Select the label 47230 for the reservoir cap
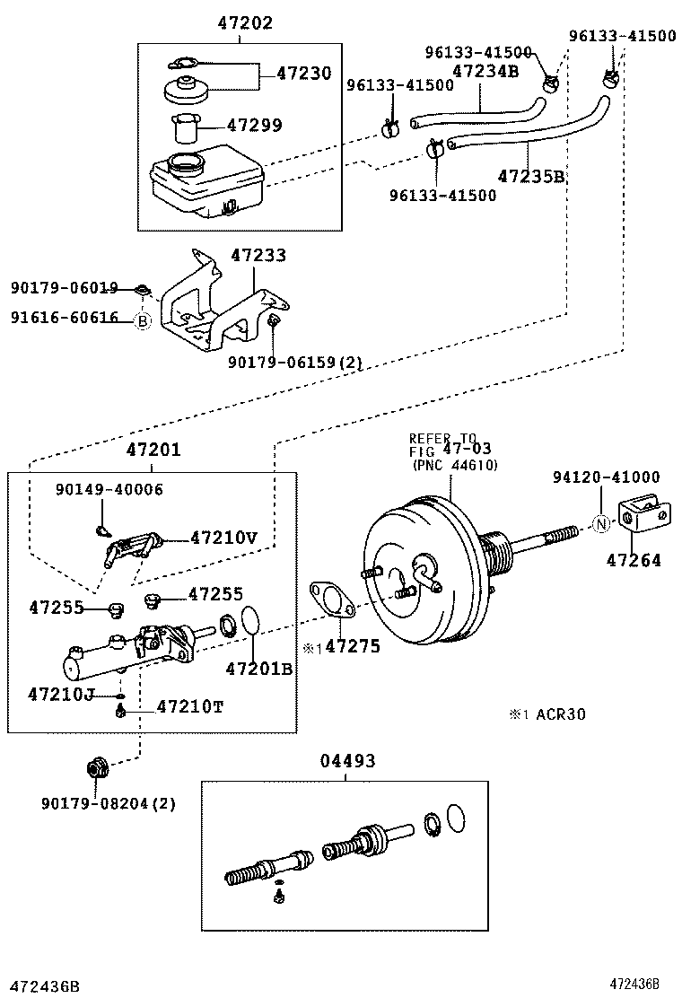[303, 74]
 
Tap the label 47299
[255, 127]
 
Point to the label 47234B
[485, 71]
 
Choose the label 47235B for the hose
[531, 176]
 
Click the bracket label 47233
[258, 256]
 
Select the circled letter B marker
[142, 320]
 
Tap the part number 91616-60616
[65, 318]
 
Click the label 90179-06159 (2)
[294, 362]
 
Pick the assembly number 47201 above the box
[153, 451]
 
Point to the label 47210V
[223, 538]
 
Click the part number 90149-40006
[109, 489]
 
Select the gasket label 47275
[352, 645]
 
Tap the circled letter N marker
[602, 523]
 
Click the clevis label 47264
[634, 560]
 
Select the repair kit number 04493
[347, 761]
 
